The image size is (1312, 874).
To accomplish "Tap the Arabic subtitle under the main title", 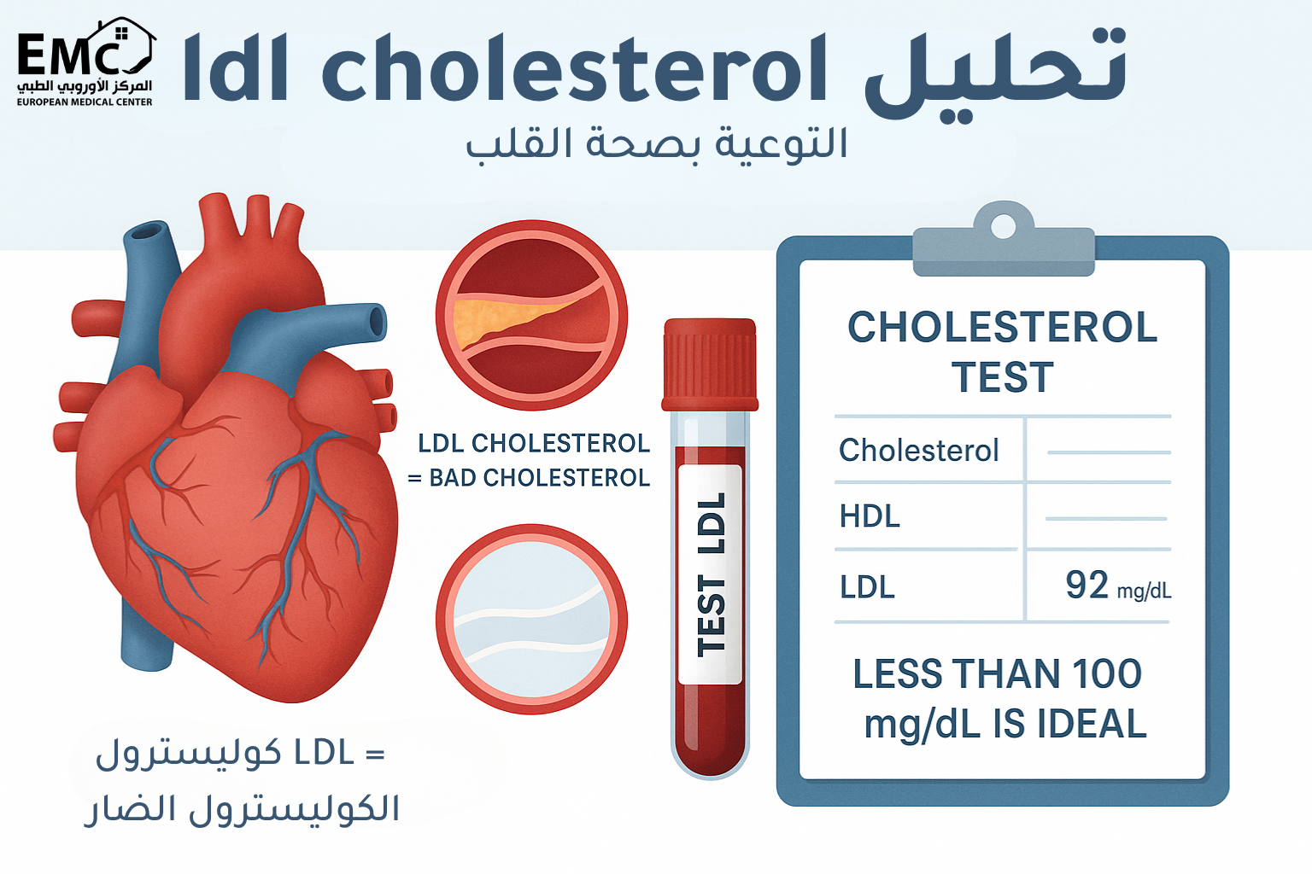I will click(x=656, y=143).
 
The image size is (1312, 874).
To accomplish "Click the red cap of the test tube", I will click(x=710, y=364).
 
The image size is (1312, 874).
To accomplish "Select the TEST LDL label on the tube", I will click(x=711, y=574).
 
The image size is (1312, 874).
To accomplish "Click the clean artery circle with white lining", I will click(x=531, y=620).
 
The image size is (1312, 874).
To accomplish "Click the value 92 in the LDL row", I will click(x=1086, y=586).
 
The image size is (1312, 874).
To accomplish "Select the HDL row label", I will click(x=870, y=516).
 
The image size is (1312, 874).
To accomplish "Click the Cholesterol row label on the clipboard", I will click(x=918, y=450).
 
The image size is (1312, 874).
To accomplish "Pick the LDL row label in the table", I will click(x=867, y=587).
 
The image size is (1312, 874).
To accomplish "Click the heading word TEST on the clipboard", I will click(x=1003, y=377).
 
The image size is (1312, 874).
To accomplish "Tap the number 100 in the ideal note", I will click(x=1107, y=674).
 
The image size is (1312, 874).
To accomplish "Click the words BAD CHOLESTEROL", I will click(x=539, y=478).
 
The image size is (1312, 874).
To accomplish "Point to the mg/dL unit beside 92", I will click(x=1144, y=591).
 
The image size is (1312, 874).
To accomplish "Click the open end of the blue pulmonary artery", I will click(x=377, y=321).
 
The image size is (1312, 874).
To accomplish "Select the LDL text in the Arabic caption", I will click(x=324, y=753).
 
